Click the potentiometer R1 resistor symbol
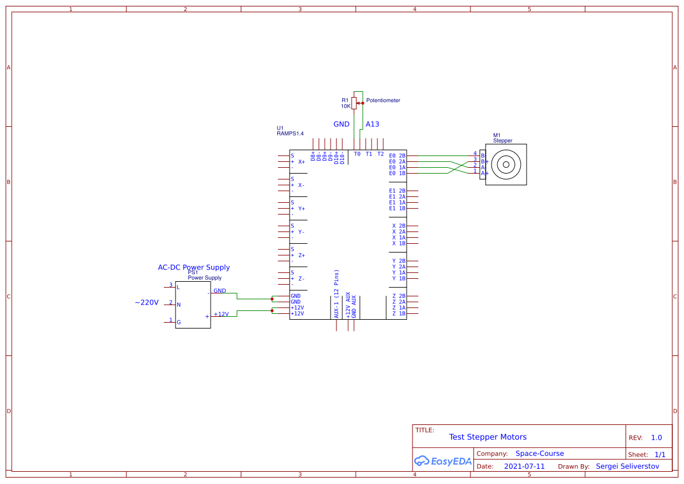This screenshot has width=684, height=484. [354, 103]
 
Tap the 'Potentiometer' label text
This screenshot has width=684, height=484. [383, 101]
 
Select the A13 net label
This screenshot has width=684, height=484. [372, 125]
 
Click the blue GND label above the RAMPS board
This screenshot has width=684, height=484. [341, 125]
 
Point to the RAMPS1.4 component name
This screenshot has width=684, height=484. [290, 134]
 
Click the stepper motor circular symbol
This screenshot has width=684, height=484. [505, 165]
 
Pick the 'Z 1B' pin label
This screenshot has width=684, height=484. [398, 314]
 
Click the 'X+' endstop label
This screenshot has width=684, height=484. [302, 162]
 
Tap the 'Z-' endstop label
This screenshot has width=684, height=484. [302, 279]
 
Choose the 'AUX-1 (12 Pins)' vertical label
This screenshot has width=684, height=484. [336, 294]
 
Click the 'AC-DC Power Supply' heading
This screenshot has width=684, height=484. [194, 268]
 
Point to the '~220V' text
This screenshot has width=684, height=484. [147, 303]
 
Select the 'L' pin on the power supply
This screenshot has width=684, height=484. [178, 287]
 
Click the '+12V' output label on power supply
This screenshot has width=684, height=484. [221, 314]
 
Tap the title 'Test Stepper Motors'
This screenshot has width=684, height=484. [487, 437]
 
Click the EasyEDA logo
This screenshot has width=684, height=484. [442, 461]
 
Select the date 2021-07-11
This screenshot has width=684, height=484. [524, 466]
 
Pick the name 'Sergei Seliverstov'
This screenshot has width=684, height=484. [627, 466]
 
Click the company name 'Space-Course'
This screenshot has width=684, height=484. [539, 454]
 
